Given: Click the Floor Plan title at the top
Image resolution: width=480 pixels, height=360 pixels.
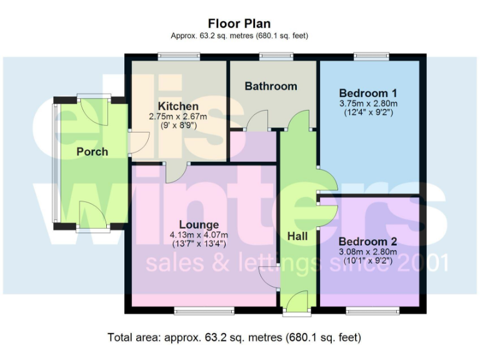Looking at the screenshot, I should tap(239, 24).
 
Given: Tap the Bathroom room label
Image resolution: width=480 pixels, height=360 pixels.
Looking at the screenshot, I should tap(271, 86).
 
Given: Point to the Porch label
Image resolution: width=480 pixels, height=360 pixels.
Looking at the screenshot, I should tap(92, 151).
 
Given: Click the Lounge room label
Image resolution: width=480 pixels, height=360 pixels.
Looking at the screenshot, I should tap(199, 224).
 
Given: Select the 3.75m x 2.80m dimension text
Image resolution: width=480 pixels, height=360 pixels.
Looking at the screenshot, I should tap(369, 103).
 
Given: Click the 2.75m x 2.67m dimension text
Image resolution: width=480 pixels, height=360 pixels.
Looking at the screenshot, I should tap(178, 116).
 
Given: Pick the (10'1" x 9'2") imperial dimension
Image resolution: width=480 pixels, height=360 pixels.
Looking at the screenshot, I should tap(369, 261).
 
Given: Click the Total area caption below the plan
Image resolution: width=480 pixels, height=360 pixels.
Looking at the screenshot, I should tap(234, 337).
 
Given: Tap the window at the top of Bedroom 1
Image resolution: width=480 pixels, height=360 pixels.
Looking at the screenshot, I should tap(372, 57).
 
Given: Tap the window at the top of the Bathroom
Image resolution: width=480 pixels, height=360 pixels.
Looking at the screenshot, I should tap(271, 57).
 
